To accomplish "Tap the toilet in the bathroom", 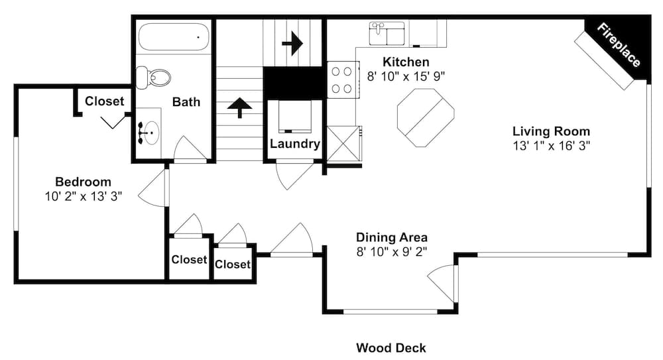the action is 153,78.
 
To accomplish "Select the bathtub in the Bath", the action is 174,37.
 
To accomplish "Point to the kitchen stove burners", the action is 341,80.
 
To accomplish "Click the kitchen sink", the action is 387,33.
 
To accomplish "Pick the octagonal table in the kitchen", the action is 426,117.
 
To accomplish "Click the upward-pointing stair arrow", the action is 239,107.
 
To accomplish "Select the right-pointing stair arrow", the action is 292,42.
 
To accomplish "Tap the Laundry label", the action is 295,144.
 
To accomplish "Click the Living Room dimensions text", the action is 552,146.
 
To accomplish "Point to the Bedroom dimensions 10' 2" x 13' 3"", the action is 84,196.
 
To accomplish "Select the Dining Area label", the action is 392,237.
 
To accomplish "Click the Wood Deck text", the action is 391,348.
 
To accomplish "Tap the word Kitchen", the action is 406,62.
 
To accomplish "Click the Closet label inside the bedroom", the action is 105,101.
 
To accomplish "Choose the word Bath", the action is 186,102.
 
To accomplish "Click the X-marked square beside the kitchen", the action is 343,143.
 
